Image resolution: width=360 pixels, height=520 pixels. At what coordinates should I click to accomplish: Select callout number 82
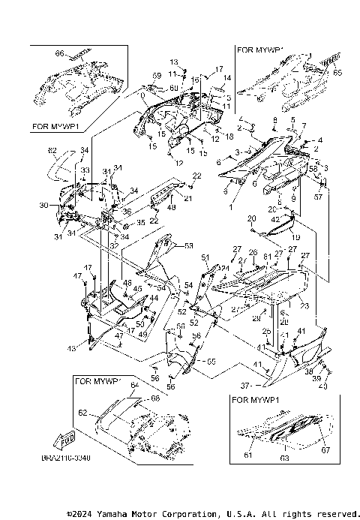52,151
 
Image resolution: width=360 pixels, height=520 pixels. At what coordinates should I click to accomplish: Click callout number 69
157,77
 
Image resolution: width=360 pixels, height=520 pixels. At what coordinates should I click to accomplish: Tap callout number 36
127,212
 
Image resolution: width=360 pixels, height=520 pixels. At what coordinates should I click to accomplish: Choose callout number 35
140,223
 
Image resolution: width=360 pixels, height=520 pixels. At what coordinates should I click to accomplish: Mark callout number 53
189,245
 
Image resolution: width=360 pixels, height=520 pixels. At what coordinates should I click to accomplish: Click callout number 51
204,257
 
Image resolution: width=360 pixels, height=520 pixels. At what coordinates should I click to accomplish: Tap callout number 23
305,305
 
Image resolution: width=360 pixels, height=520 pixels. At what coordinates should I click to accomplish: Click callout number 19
295,237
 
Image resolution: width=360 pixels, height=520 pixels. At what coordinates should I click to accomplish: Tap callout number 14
229,78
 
